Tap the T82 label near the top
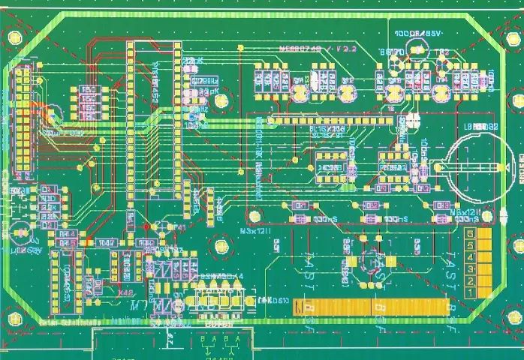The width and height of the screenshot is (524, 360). coord(442,52)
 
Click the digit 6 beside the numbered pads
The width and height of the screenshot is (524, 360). coord(470,235)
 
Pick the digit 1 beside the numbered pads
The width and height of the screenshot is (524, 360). coord(470,291)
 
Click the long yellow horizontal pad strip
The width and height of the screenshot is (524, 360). coord(372,307)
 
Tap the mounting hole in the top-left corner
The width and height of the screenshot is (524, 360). coord(14,37)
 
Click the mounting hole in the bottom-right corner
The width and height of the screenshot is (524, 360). coord(515,317)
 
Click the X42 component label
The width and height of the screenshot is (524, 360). coord(126,292)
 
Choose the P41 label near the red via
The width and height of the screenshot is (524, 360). coord(176,228)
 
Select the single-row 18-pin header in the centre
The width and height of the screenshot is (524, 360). coord(331,120)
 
